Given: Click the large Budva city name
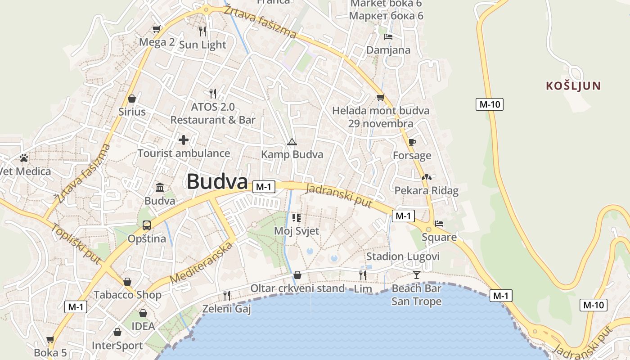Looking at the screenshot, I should (x=217, y=182).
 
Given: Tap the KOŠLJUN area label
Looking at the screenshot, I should (x=573, y=85).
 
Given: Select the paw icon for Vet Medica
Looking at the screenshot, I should (x=24, y=158).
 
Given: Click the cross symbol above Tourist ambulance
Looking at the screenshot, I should (x=184, y=140).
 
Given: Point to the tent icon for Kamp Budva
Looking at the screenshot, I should (x=292, y=142).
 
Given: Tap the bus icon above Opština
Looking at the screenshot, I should (x=147, y=225).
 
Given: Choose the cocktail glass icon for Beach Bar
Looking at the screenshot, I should (x=417, y=274).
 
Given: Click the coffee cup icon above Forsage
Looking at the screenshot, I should (x=412, y=143).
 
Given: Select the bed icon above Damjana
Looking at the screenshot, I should (x=388, y=37).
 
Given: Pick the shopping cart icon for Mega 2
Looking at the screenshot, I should (x=156, y=29).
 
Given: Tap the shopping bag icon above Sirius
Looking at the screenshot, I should (x=132, y=98).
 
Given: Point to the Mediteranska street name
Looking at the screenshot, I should (x=202, y=263).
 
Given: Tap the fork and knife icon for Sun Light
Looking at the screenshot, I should (x=202, y=31).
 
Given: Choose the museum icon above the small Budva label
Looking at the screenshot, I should (x=160, y=187).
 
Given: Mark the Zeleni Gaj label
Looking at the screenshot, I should (x=226, y=309).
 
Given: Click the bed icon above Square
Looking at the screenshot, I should (x=439, y=224).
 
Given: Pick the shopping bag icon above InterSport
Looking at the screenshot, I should (x=117, y=332).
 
